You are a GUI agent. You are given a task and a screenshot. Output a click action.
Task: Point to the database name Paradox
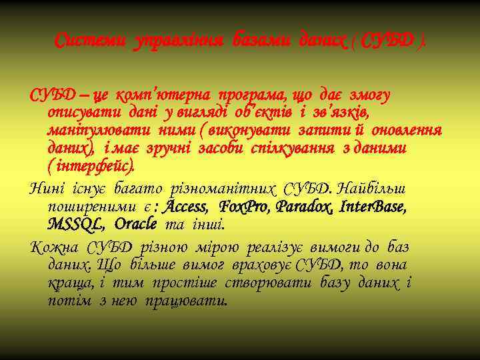tap(304, 205)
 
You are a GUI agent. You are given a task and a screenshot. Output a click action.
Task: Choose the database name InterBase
tap(373, 205)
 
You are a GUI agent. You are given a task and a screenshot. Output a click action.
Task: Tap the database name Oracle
tap(136, 222)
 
